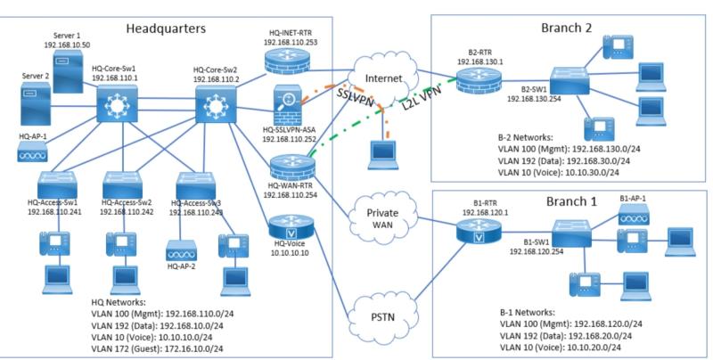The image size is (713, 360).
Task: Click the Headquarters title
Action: pos(167,28)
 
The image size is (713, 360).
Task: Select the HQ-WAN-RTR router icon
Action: pos(289,166)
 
